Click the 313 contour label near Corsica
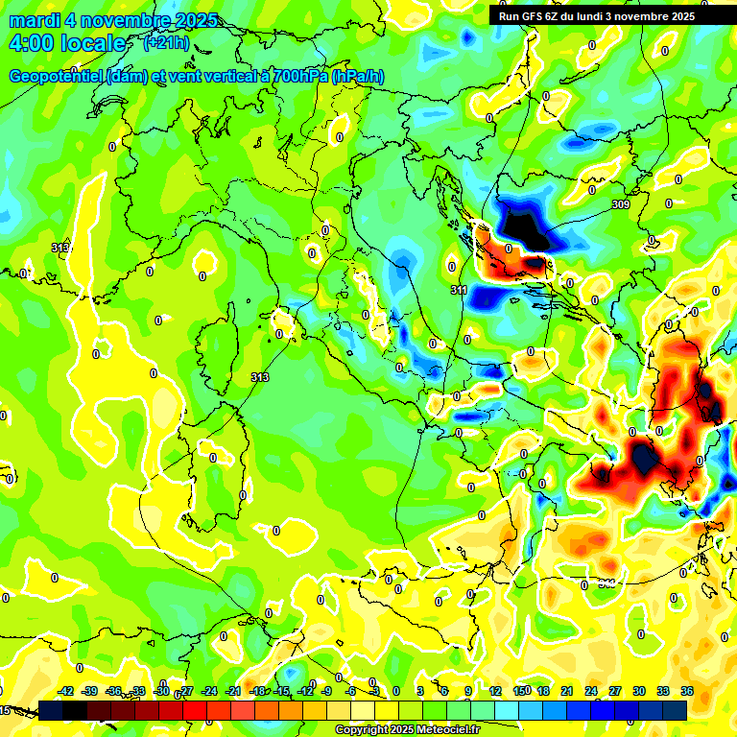[x=259, y=377]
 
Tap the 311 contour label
[x=459, y=290]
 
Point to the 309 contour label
[x=620, y=204]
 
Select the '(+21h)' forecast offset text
[x=165, y=43]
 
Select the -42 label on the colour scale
[x=65, y=691]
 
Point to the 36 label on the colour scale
[x=687, y=691]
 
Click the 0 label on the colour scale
[x=397, y=691]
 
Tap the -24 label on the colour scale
[x=208, y=691]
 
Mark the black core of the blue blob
[x=524, y=229]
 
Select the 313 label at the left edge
[x=60, y=248]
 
